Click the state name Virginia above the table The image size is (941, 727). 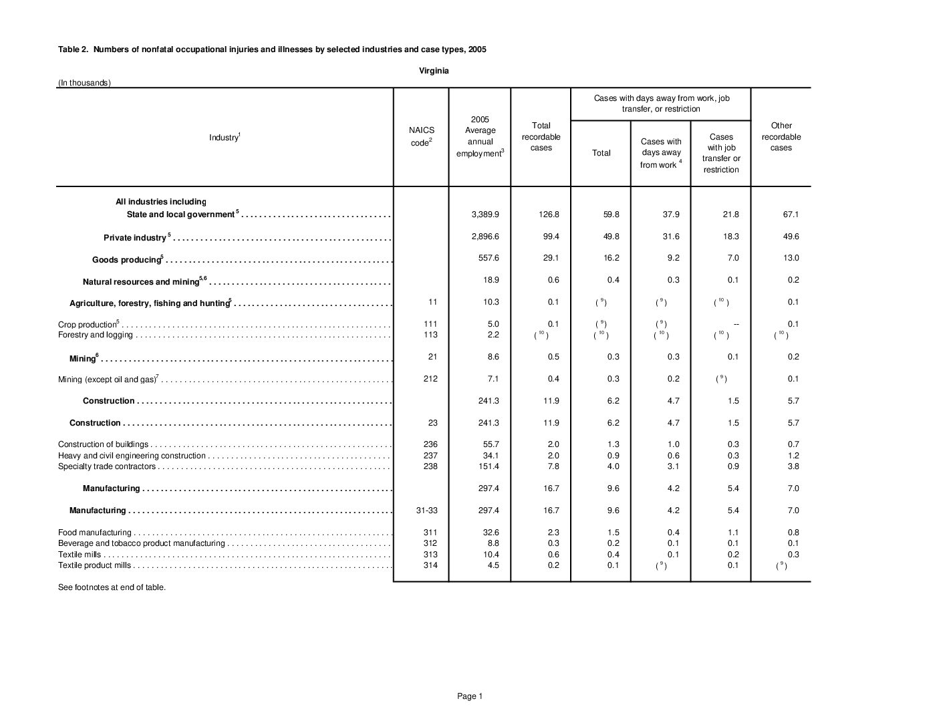point(434,70)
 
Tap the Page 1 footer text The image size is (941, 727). point(469,696)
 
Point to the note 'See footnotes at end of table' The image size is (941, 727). point(112,587)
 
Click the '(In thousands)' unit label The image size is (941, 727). point(84,83)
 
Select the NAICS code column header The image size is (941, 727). point(421,136)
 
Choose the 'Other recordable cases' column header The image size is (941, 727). point(781,136)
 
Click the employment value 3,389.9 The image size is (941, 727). point(485,214)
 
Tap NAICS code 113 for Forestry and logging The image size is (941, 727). point(430,335)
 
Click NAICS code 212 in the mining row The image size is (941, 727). point(430,379)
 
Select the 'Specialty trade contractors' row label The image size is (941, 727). point(107,466)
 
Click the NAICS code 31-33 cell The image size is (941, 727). point(427,511)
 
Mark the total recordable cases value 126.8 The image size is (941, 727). point(548,214)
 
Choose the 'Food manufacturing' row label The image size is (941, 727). point(95,533)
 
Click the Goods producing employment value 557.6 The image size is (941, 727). point(489,258)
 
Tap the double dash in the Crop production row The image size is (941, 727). point(736,324)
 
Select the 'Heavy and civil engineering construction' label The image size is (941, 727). point(132,456)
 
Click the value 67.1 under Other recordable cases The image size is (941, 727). point(791,214)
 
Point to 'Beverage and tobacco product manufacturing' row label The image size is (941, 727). point(141,543)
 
